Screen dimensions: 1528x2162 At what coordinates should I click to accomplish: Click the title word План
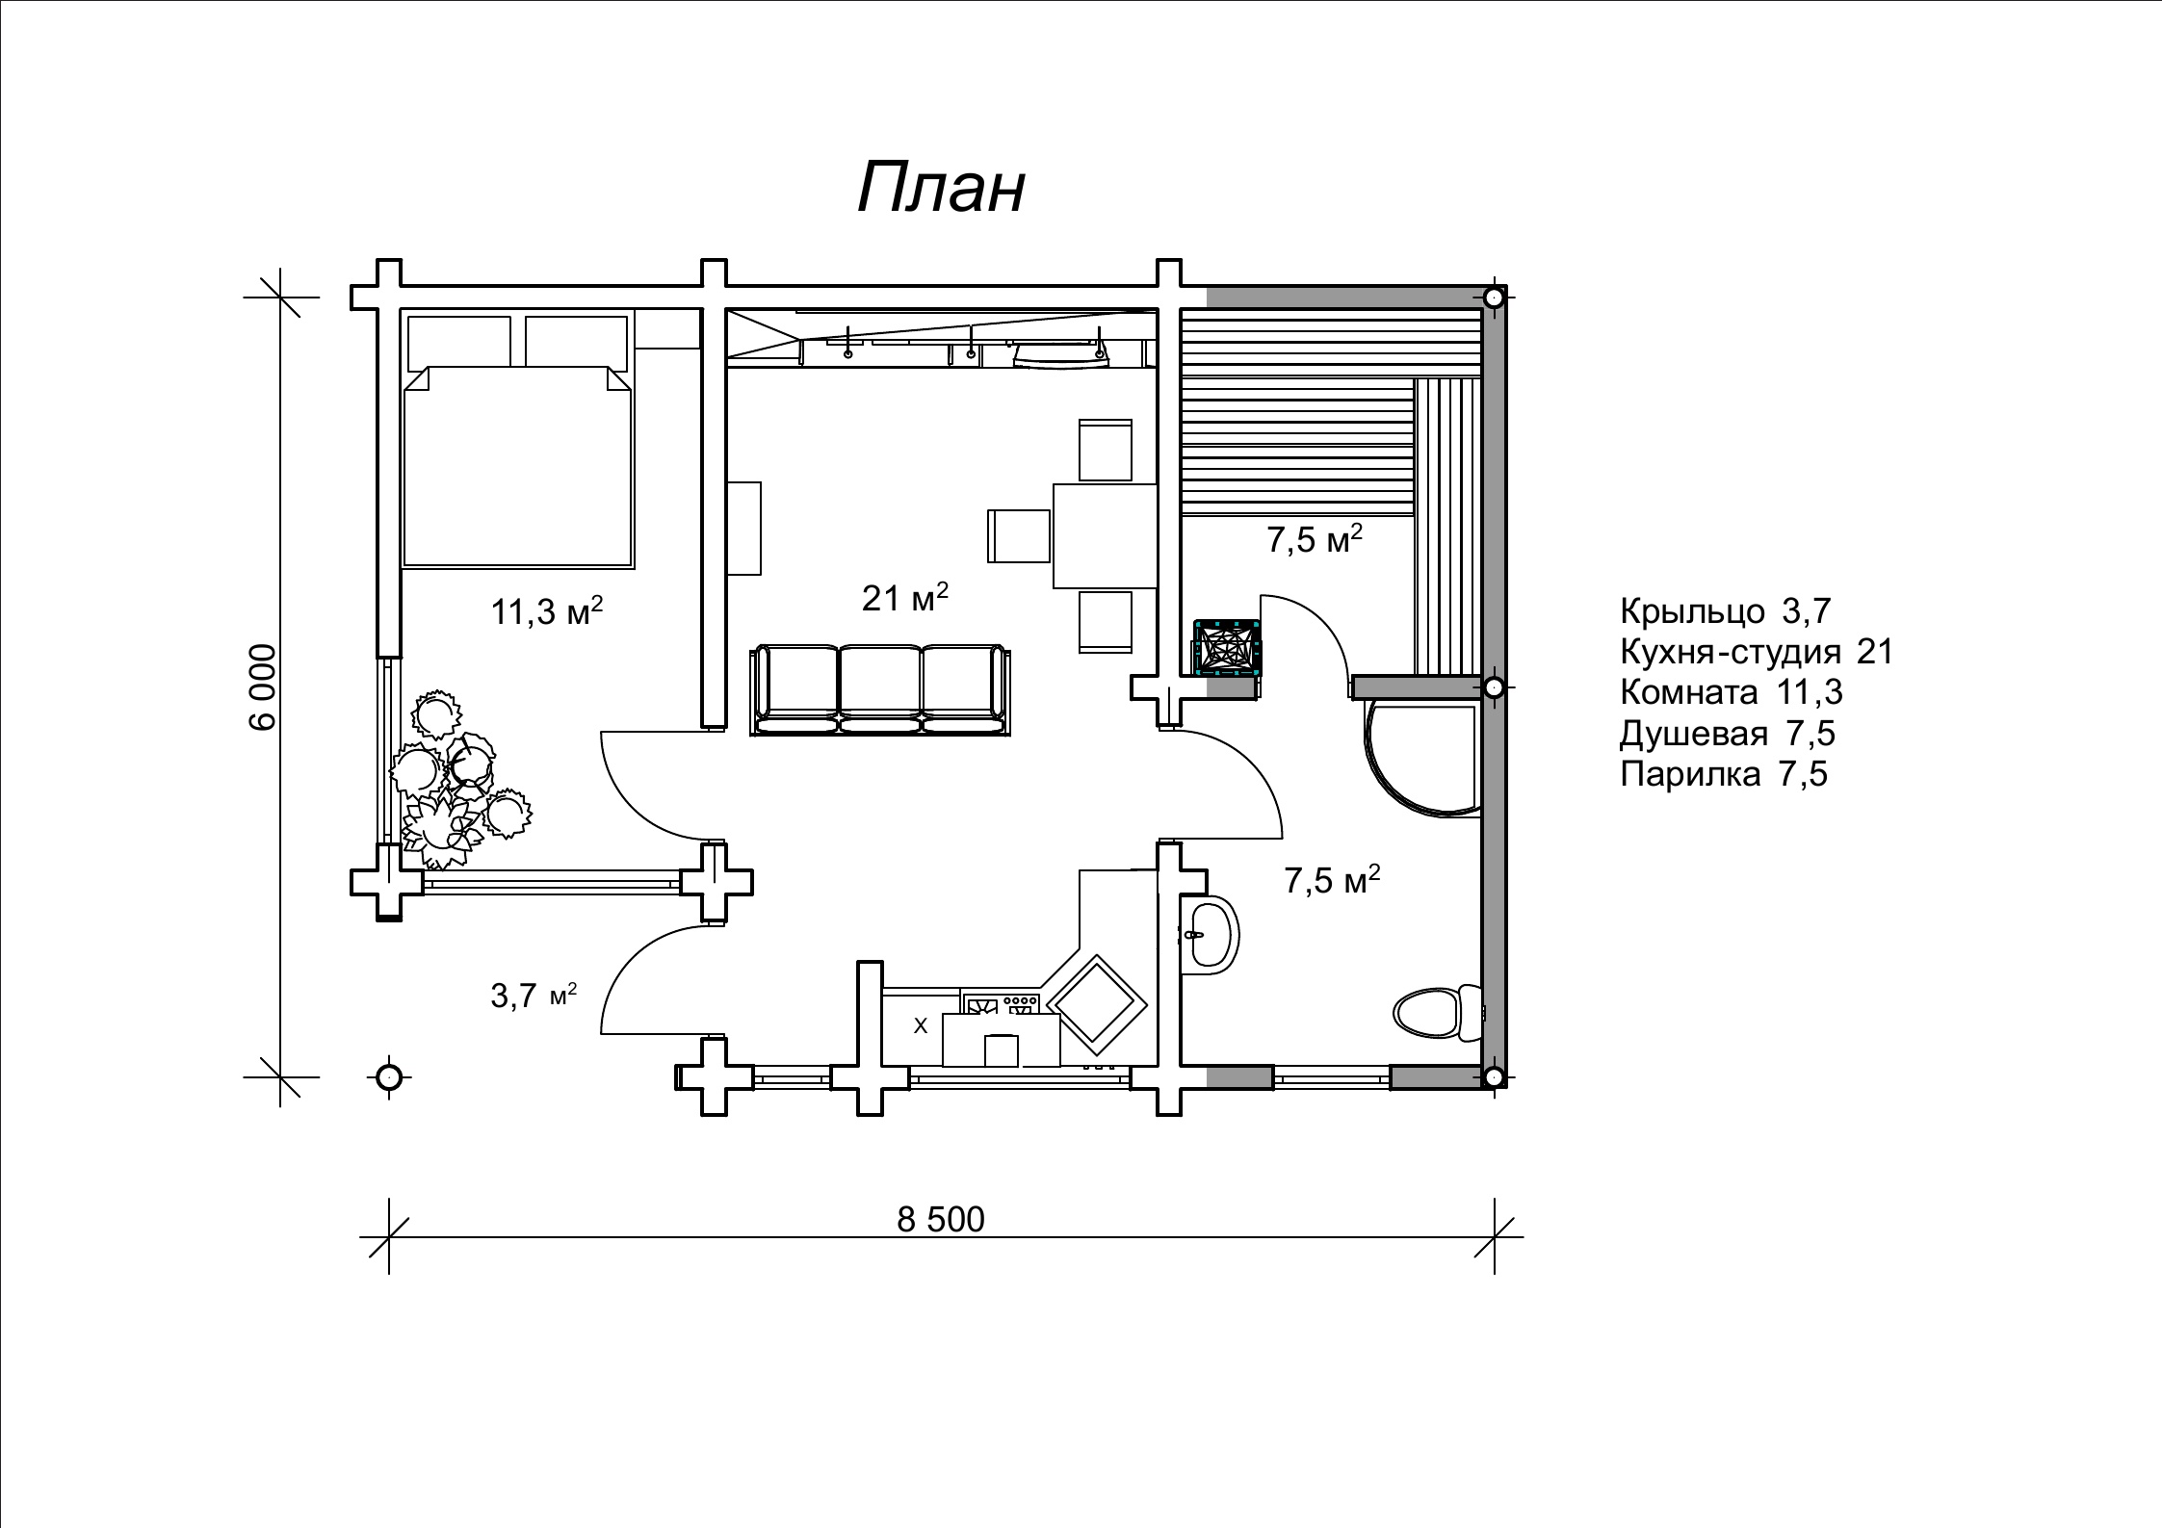pyautogui.click(x=941, y=187)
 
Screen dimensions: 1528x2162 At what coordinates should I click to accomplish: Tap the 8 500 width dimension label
pyautogui.click(x=940, y=1220)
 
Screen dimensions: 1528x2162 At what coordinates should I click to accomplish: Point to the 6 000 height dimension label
pyautogui.click(x=263, y=686)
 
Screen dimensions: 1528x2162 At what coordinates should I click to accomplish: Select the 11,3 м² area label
pyautogui.click(x=547, y=611)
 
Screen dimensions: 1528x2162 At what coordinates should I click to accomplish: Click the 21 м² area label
pyautogui.click(x=904, y=599)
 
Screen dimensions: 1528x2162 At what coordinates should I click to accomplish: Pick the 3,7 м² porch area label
pyautogui.click(x=533, y=996)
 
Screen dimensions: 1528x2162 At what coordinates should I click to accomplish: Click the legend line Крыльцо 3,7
pyautogui.click(x=1725, y=611)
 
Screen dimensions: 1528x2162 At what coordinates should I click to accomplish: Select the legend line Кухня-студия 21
pyautogui.click(x=1757, y=653)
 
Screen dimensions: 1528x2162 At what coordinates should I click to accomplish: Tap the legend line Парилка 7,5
pyautogui.click(x=1723, y=774)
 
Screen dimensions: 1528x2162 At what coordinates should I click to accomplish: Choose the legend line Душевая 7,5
pyautogui.click(x=1727, y=734)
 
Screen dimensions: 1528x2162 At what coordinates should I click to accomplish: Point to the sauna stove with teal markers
pyautogui.click(x=1226, y=648)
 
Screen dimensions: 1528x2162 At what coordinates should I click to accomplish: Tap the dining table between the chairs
pyautogui.click(x=1105, y=535)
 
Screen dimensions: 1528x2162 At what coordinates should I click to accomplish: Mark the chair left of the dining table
pyautogui.click(x=1019, y=535)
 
